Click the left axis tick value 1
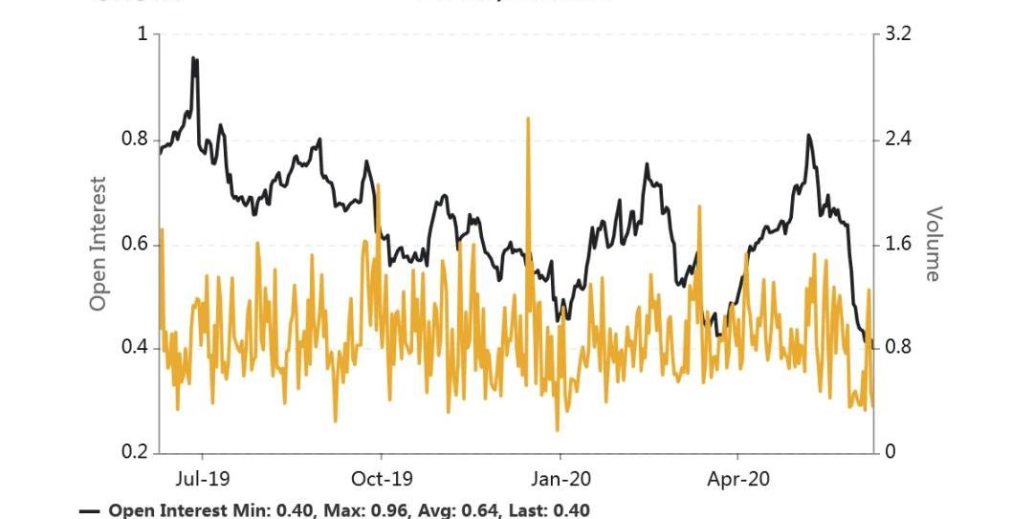(143, 35)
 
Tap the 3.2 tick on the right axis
(899, 35)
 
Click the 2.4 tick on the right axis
(899, 140)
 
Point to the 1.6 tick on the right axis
(899, 245)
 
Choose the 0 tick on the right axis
(890, 452)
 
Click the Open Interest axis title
(98, 244)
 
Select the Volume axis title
(933, 244)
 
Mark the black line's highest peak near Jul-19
(194, 58)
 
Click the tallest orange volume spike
(528, 118)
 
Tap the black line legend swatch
(90, 511)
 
